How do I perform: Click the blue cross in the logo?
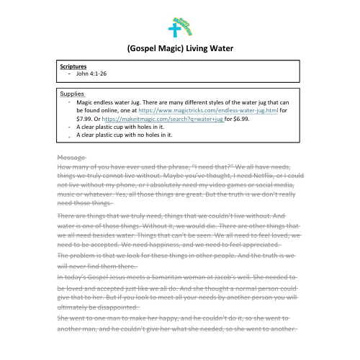point(173,30)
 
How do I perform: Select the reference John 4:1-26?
point(91,73)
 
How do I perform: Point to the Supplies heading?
point(72,94)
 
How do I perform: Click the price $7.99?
point(85,120)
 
